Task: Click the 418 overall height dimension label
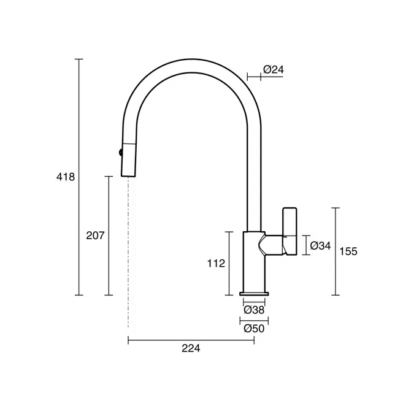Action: pyautogui.click(x=66, y=177)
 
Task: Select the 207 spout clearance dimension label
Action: pyautogui.click(x=95, y=236)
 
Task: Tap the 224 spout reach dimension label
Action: pyautogui.click(x=191, y=348)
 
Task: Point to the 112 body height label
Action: pyautogui.click(x=216, y=263)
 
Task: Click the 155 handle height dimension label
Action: pyautogui.click(x=348, y=251)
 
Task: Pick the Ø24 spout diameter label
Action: pyautogui.click(x=274, y=69)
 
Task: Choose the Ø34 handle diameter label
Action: pyautogui.click(x=320, y=245)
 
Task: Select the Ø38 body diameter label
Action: pyautogui.click(x=254, y=310)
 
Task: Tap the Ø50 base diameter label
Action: pyautogui.click(x=254, y=329)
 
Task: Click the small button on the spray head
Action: pyautogui.click(x=121, y=152)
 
